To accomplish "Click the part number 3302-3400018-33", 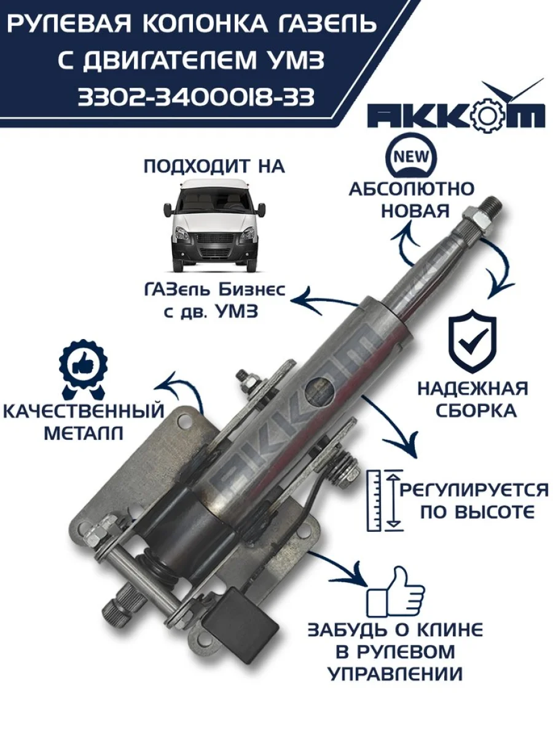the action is tap(196, 98).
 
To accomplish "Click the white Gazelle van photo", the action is tap(213, 225).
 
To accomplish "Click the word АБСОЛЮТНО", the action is tap(412, 189).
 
